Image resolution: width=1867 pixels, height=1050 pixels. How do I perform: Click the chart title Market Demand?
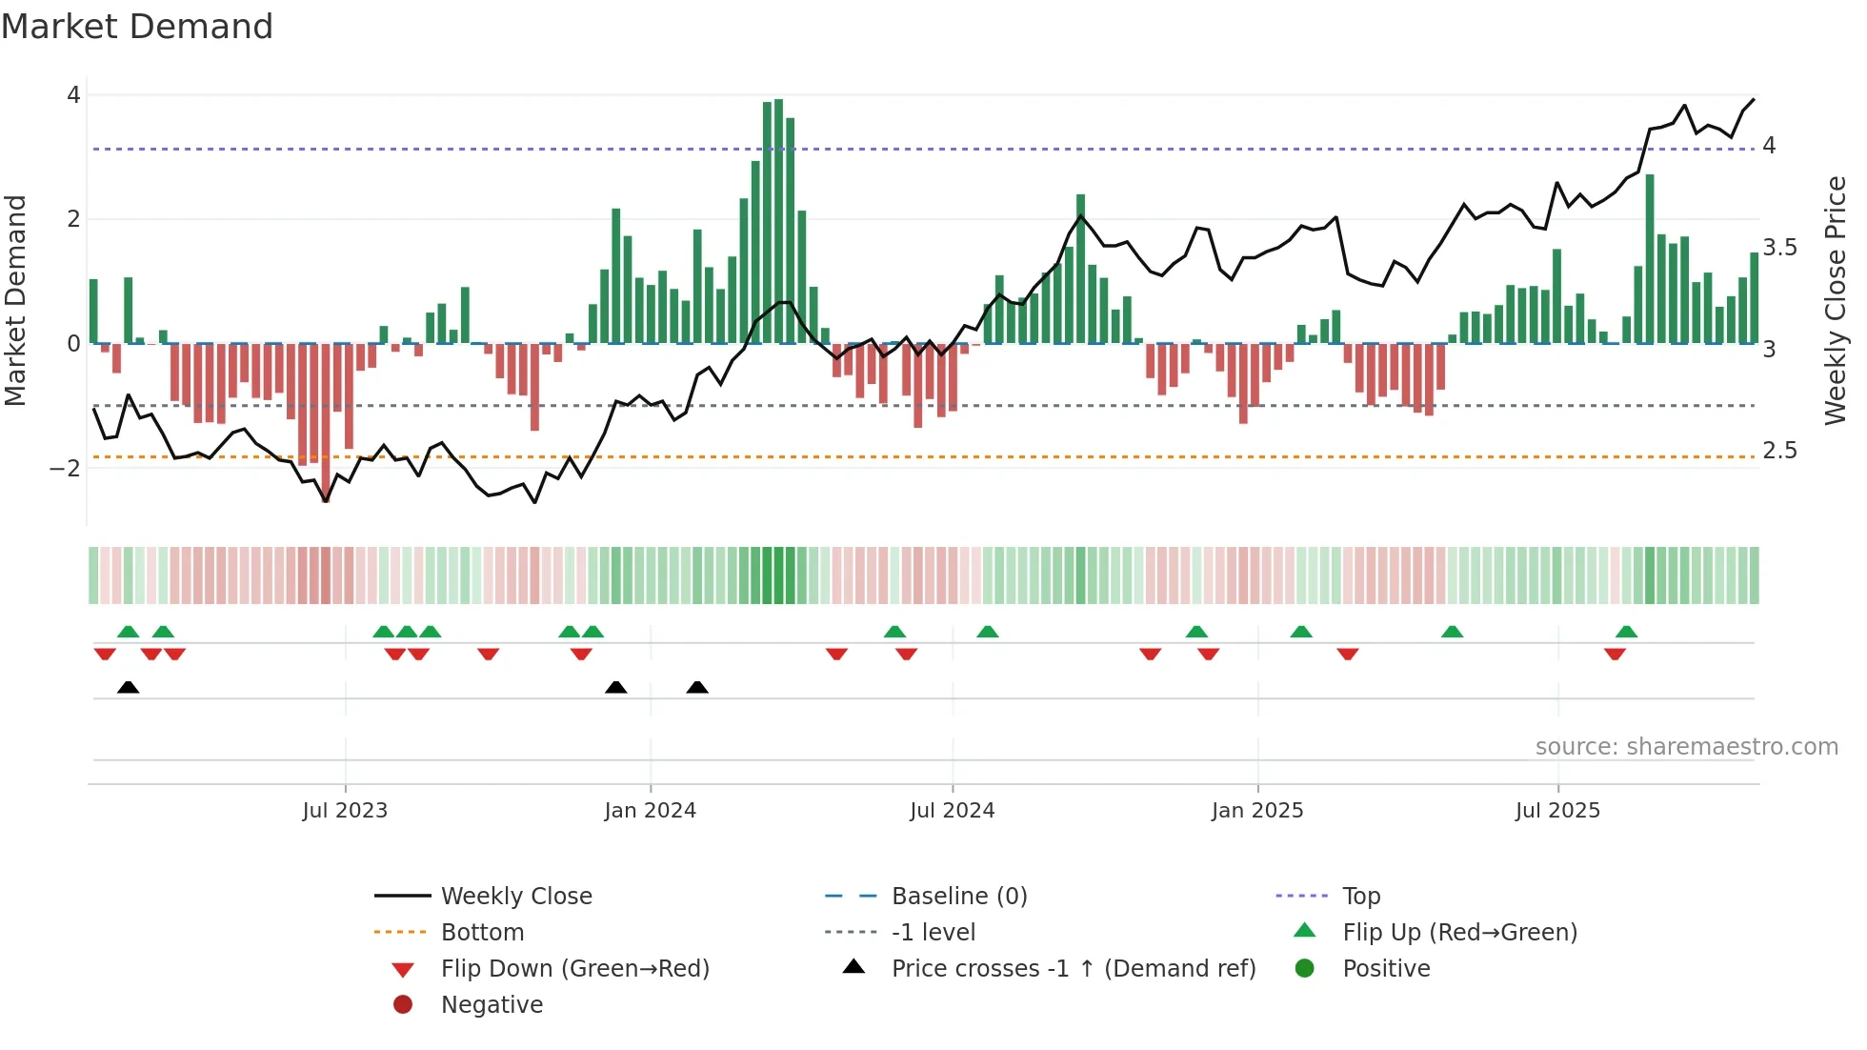[137, 27]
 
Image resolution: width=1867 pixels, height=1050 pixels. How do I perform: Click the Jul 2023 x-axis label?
[345, 811]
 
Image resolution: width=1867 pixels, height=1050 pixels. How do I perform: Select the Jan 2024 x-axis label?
[650, 811]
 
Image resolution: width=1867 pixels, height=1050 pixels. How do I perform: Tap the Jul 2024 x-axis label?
[952, 811]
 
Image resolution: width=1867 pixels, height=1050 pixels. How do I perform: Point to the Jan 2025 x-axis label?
[1257, 811]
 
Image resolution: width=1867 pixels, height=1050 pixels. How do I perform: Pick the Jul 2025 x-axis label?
[1557, 811]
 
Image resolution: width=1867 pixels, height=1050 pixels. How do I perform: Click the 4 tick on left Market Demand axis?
[73, 95]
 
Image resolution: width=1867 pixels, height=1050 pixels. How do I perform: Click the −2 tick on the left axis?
[66, 468]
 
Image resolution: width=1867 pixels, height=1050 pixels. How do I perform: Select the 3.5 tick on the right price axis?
[1779, 248]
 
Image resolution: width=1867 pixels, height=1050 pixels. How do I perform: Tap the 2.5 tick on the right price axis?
[1779, 451]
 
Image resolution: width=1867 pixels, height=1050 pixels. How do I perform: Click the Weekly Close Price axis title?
[1836, 300]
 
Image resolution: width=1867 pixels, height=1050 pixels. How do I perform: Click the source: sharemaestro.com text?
[1686, 747]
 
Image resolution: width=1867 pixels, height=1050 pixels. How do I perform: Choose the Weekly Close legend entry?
[515, 897]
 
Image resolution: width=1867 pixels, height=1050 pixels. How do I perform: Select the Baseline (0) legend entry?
[958, 897]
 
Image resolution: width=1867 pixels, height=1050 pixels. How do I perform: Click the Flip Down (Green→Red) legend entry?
[574, 969]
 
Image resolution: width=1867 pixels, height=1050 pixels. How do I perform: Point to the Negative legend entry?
[492, 1005]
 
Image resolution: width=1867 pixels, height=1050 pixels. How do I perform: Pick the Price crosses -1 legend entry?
[1073, 969]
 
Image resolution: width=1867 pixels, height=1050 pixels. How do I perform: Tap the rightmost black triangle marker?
[697, 687]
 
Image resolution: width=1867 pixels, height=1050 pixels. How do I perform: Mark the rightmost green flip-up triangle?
[1626, 632]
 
